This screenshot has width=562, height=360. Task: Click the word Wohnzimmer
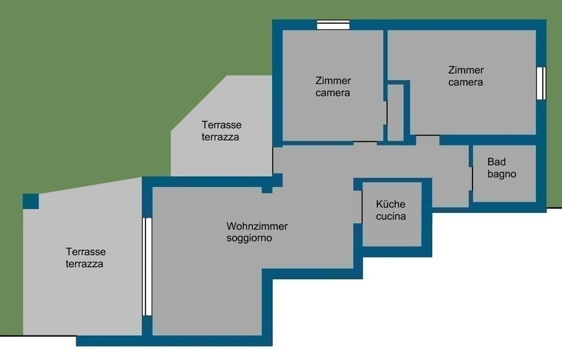pos(257,226)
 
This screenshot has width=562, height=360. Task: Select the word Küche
pos(391,204)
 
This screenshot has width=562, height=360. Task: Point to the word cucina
pos(391,216)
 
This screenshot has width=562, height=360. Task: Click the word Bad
pos(496,162)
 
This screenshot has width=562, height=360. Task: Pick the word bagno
pos(502,175)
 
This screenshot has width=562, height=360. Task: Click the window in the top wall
pos(333,25)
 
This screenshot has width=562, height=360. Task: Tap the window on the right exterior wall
pos(541,83)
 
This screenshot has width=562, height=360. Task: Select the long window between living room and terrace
pos(147,267)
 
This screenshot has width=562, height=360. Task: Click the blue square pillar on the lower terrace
pos(31,201)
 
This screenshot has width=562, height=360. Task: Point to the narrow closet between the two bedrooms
pos(396,113)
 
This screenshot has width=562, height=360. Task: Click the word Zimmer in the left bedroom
pos(333,81)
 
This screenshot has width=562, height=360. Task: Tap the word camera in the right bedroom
pos(465,82)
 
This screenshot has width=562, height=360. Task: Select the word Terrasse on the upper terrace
pos(222,125)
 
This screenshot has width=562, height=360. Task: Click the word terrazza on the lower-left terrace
pos(84,264)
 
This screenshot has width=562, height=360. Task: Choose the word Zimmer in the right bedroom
pos(466,70)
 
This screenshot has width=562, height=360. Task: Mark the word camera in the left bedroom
pos(333,93)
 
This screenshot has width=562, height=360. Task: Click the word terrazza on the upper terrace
pos(221,137)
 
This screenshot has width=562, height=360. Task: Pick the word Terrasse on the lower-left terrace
pos(86,252)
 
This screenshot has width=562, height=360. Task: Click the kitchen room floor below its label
pos(392,234)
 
